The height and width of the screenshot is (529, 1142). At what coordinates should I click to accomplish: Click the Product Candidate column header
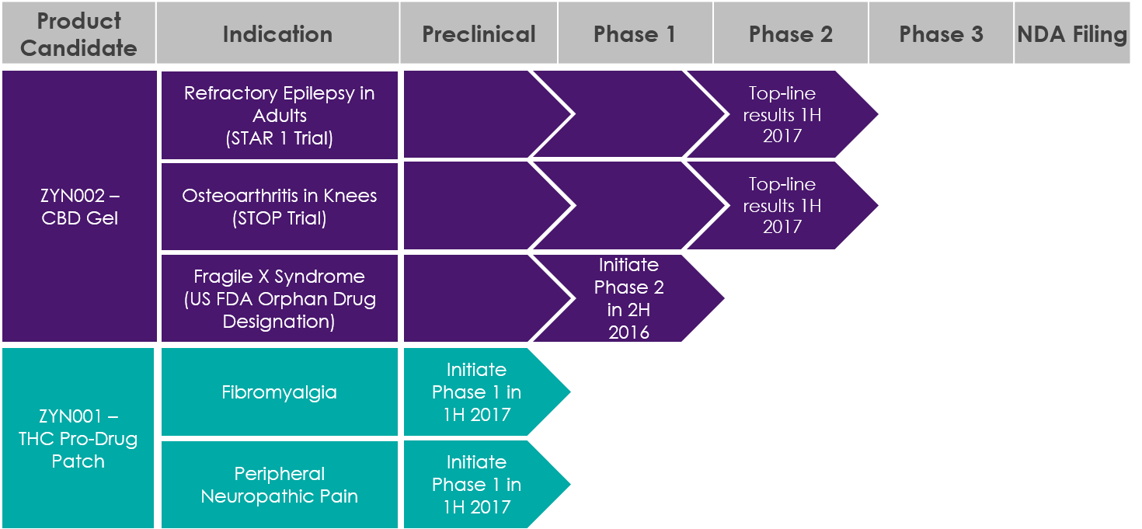79,33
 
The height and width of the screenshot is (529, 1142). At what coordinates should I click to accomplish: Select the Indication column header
278,33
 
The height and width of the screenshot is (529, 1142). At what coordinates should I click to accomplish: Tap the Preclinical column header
479,33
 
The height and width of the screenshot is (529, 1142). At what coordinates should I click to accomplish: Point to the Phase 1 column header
635,33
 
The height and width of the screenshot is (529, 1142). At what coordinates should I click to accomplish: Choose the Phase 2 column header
791,33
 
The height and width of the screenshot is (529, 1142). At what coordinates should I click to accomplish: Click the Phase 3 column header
941,33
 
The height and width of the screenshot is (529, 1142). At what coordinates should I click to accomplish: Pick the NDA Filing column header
1072,33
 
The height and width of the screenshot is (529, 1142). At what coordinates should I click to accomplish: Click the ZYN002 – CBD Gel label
79,207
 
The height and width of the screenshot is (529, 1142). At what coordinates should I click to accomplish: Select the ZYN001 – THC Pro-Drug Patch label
78,438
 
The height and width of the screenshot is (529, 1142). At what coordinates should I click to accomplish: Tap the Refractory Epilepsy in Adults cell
280,115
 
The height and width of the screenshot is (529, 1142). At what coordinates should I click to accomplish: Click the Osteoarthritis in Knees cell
280,207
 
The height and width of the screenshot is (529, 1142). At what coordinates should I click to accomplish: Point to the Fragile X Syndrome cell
280,298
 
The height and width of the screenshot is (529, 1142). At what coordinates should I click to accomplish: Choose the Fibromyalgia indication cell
280,392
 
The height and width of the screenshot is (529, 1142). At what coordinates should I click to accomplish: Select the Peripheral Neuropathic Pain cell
280,485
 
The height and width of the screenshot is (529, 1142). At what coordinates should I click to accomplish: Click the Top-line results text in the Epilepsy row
782,115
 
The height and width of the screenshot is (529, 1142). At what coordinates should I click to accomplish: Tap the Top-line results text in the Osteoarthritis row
782,205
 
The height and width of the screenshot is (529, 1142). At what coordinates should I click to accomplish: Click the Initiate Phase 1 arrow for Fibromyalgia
487,392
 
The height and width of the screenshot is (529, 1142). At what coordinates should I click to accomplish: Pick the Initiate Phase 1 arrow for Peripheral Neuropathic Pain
487,485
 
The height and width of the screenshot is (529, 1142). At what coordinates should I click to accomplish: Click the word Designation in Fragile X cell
279,322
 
